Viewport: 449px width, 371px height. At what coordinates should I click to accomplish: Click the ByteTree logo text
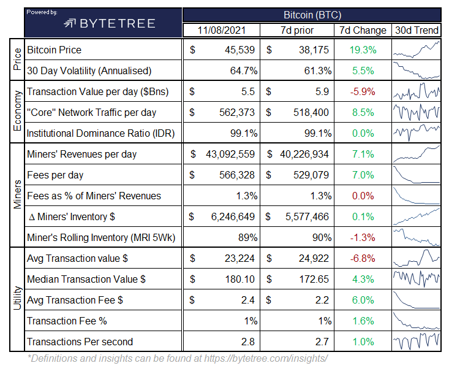coord(118,23)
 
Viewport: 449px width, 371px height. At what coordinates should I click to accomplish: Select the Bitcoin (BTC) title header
coord(312,15)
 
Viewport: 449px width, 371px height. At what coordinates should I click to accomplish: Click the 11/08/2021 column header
coord(222,30)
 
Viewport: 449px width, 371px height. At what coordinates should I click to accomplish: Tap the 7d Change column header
coord(363,30)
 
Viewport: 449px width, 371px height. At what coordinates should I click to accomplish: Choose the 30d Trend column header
coord(417,30)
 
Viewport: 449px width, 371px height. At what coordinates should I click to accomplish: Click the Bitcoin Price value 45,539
coord(240,50)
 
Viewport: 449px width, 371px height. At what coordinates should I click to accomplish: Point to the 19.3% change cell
coord(363,50)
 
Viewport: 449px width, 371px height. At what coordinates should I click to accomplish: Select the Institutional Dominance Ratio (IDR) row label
coord(101,133)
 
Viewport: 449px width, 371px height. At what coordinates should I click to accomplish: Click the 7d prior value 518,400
coord(311,112)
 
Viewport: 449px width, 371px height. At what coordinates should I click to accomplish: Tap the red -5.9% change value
coord(363,92)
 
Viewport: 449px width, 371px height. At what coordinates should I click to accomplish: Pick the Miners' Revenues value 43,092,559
coord(230,155)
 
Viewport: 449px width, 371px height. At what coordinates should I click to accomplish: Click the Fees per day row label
coord(55,175)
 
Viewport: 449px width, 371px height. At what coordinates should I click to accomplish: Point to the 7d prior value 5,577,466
coord(307,216)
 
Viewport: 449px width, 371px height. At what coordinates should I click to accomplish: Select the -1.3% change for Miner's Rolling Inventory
coord(363,238)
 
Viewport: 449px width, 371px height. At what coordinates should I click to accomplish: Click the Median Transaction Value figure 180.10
coord(240,279)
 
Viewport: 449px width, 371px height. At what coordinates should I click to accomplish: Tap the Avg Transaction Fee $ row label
coord(75,300)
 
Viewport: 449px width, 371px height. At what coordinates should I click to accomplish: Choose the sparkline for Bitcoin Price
coord(417,50)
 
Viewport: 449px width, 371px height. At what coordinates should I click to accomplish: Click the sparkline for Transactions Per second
coord(417,341)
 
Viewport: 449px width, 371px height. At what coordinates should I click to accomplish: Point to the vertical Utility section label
coord(17,298)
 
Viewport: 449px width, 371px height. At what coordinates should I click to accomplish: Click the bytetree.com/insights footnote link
coord(266,358)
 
